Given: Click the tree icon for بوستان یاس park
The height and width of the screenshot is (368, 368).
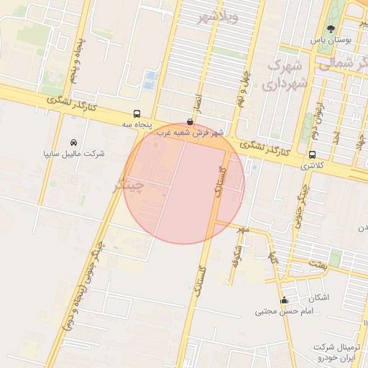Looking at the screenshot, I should click(330, 29).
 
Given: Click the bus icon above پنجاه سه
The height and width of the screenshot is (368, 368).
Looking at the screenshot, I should click(137, 114).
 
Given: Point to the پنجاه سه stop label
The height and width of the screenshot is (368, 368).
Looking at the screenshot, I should click(137, 124).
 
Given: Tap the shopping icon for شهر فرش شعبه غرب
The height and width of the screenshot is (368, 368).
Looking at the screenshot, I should click(189, 122).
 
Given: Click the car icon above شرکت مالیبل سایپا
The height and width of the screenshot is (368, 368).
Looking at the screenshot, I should click(74, 143).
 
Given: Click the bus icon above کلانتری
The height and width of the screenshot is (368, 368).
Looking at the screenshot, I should click(312, 155).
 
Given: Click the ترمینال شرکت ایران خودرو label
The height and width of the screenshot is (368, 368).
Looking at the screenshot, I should click(341, 351).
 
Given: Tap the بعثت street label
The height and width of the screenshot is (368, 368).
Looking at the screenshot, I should click(318, 264).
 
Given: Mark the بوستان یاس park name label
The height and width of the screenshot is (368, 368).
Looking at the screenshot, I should click(330, 41).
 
